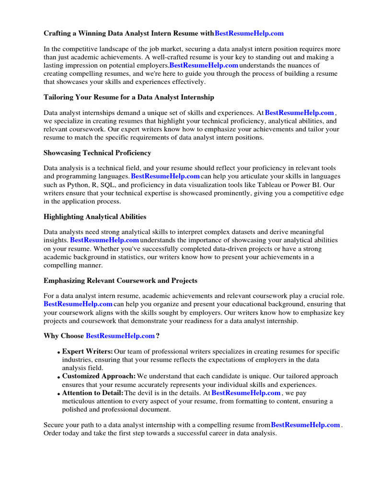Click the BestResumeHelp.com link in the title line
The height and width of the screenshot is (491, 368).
coord(249,34)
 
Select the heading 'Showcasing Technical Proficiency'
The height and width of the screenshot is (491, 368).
coord(97,153)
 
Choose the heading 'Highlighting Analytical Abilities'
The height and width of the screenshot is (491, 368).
coord(95,217)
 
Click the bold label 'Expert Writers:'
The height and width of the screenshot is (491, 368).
coord(88,351)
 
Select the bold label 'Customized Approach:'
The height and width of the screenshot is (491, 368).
coord(99,376)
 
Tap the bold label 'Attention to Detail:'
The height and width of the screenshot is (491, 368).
coord(93,393)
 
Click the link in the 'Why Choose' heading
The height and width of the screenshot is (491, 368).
coord(120,336)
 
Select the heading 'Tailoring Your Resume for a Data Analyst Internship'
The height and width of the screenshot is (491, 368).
coord(129,97)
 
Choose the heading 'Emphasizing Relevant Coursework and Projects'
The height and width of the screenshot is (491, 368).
coord(120,281)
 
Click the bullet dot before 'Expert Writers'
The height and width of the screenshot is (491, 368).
coord(58,353)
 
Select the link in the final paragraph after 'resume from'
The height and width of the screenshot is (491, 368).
coord(305,425)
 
